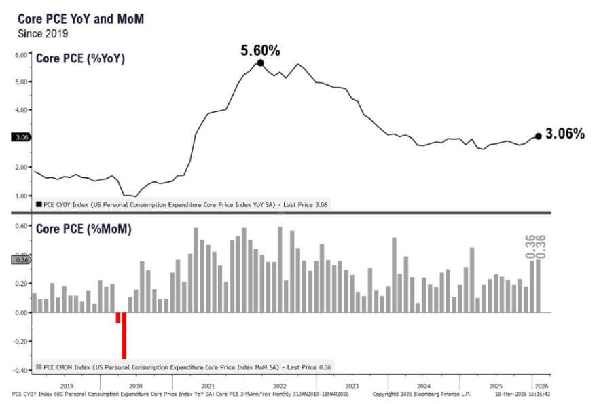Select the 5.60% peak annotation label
pyautogui.click(x=261, y=50)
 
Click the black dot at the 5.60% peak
pyautogui.click(x=260, y=63)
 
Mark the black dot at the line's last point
pyautogui.click(x=539, y=136)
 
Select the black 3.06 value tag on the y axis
pyautogui.click(x=20, y=137)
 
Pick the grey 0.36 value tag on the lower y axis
pyautogui.click(x=20, y=259)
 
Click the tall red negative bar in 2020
pyautogui.click(x=124, y=335)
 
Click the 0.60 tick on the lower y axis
pyautogui.click(x=21, y=226)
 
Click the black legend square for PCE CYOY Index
pyautogui.click(x=39, y=203)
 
